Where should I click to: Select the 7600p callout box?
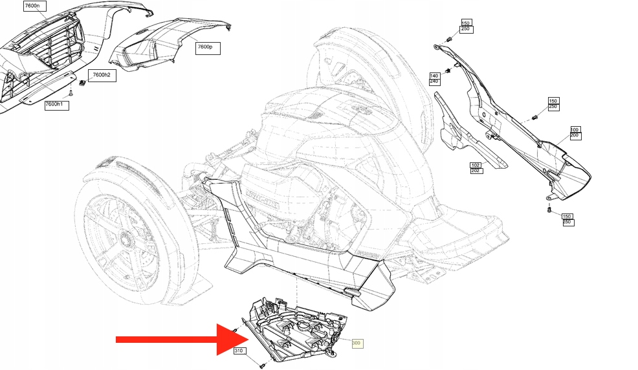coord(208,47)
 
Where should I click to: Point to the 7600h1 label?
coord(56,105)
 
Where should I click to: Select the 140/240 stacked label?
coord(434,79)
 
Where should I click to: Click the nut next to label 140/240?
coord(448,70)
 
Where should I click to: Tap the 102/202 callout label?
coord(476,168)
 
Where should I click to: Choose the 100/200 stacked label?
coord(575,133)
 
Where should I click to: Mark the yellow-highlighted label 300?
coord(357,343)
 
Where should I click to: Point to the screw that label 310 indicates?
coord(261,366)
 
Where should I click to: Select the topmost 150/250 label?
coord(466,26)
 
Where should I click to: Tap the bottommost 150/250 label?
coord(566,219)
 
